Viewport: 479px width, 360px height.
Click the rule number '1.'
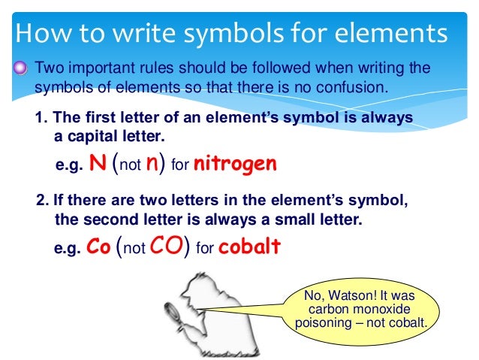(42, 119)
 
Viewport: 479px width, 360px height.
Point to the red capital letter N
(96, 164)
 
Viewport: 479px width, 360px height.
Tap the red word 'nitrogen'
(235, 164)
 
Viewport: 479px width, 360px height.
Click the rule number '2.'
(42, 201)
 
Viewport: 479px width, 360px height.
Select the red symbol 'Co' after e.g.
(98, 247)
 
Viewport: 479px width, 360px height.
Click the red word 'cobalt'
(249, 247)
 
